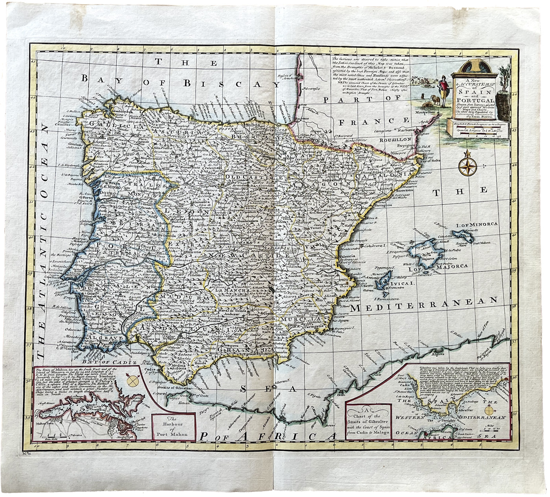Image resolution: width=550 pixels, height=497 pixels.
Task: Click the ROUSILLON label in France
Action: click(395, 139)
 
